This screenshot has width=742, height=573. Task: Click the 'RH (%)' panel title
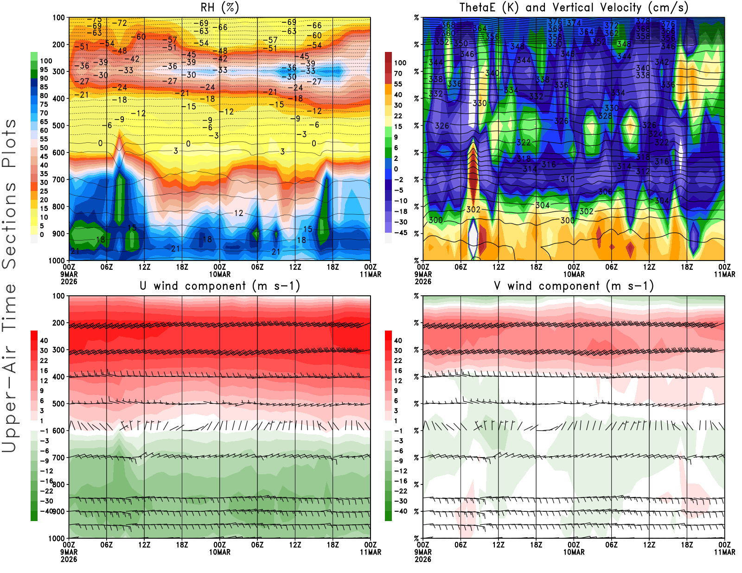coord(220,7)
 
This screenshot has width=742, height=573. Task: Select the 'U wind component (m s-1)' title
coord(220,286)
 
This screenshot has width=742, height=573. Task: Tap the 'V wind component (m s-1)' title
coord(574,286)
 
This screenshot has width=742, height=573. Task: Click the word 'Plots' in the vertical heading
coord(9,143)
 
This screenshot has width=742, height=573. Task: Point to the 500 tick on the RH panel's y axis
coord(58,126)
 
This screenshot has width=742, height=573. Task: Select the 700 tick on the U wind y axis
coord(58,458)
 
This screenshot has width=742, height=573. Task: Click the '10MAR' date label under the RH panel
coord(220,274)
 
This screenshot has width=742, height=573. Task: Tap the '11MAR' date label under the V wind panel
coord(724,552)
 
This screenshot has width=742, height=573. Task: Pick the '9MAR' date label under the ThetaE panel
coord(423,274)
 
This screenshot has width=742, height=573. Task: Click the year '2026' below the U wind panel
coord(69,559)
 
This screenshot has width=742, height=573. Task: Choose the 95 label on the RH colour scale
coord(44,70)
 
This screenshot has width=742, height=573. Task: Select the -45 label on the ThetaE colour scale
coord(400,233)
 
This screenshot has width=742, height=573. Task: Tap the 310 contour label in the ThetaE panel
coord(567,179)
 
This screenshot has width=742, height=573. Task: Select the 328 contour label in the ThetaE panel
coord(605,116)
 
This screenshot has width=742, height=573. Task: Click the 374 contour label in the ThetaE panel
coord(574,23)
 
